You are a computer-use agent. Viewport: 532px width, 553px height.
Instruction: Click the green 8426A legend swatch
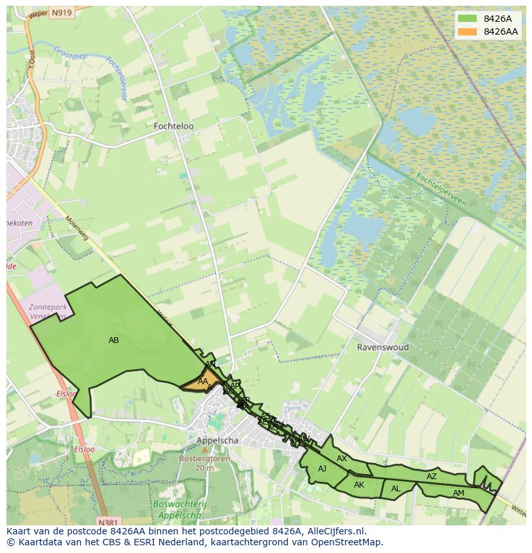pyautogui.click(x=468, y=19)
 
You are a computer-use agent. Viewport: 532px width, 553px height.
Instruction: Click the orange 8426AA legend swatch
pyautogui.click(x=468, y=31)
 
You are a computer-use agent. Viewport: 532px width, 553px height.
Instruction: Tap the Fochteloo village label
pyautogui.click(x=173, y=127)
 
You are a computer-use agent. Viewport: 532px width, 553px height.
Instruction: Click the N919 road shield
pyautogui.click(x=61, y=12)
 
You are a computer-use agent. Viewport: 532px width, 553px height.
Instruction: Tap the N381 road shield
pyautogui.click(x=110, y=522)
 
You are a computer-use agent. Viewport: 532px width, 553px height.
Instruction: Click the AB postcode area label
pyautogui.click(x=114, y=340)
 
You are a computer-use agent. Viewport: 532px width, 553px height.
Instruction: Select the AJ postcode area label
pyautogui.click(x=323, y=469)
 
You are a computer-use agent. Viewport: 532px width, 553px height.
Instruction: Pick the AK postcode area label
pyautogui.click(x=359, y=485)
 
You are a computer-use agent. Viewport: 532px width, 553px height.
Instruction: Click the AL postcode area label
pyautogui.click(x=396, y=489)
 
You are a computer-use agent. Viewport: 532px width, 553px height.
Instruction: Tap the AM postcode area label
pyautogui.click(x=458, y=493)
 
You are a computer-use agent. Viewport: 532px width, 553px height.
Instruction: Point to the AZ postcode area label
pyautogui.click(x=432, y=477)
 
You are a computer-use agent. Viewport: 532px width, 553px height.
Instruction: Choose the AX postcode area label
pyautogui.click(x=342, y=459)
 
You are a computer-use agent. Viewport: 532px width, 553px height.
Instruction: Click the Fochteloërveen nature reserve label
pyautogui.click(x=441, y=189)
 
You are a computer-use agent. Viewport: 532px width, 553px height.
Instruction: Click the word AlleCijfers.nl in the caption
pyautogui.click(x=333, y=531)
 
